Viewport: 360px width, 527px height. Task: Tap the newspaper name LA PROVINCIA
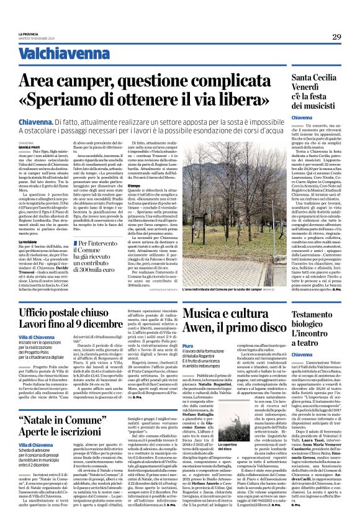pos(29,34)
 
